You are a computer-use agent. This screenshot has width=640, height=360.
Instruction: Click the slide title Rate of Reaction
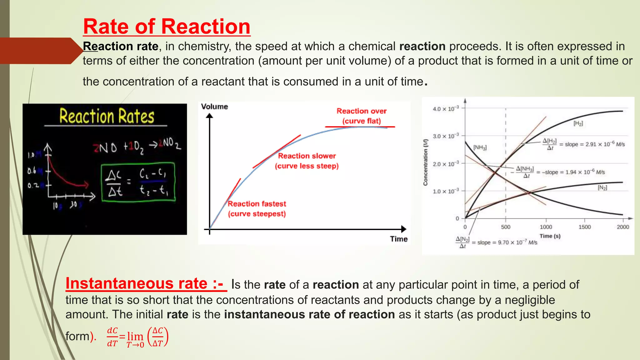(x=167, y=27)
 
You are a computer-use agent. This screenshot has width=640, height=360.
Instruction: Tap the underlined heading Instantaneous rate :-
(x=146, y=284)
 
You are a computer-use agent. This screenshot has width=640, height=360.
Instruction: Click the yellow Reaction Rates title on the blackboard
(x=107, y=116)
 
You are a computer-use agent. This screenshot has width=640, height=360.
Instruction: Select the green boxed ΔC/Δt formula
(x=138, y=182)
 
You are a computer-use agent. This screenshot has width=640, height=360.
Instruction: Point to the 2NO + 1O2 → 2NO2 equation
(x=137, y=146)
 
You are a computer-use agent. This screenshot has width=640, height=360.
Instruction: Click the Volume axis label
(x=214, y=107)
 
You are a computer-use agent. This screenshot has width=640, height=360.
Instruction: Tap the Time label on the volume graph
(x=398, y=239)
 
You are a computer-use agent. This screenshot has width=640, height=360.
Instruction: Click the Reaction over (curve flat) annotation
(x=362, y=116)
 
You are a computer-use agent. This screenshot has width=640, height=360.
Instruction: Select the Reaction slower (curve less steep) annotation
(x=307, y=161)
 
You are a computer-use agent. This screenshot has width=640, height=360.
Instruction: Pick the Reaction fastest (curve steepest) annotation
(x=257, y=209)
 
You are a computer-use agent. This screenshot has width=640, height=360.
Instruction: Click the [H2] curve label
(x=578, y=123)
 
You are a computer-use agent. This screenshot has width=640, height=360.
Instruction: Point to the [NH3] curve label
(x=480, y=147)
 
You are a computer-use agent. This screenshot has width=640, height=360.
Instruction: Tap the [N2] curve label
(x=602, y=187)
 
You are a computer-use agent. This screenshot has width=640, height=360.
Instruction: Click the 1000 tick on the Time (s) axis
(x=546, y=227)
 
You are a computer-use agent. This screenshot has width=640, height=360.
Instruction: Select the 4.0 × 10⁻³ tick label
(x=446, y=109)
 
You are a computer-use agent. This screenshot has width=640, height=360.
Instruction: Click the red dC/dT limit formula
(x=137, y=337)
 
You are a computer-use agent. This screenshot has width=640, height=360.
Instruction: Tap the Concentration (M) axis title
(x=425, y=162)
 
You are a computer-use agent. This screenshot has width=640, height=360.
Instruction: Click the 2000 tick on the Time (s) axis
(x=622, y=227)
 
